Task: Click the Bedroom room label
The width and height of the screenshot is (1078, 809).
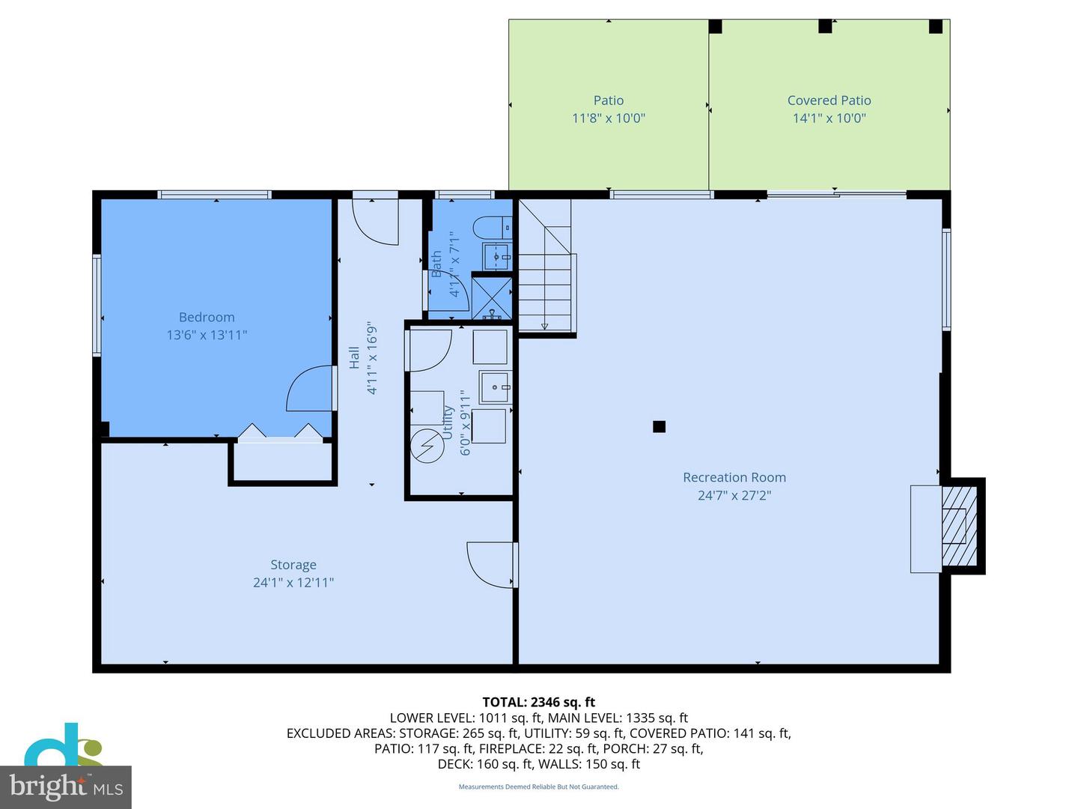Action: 207,317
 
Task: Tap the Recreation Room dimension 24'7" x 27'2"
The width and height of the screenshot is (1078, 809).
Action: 734,495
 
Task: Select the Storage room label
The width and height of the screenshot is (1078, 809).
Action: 293,565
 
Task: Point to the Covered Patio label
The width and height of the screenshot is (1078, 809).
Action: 829,100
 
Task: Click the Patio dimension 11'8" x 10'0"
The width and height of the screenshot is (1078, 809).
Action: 609,118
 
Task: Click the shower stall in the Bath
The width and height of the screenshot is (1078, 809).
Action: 492,297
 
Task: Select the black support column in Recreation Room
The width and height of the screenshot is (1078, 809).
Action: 659,426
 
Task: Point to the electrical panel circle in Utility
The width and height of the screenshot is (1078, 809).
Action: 427,446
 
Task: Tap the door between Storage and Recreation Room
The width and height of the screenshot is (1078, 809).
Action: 492,565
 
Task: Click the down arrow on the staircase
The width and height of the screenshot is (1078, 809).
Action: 545,325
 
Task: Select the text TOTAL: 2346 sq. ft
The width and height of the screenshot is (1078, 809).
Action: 539,702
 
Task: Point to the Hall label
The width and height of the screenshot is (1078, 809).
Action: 354,357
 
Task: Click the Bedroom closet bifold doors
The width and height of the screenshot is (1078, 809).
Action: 280,431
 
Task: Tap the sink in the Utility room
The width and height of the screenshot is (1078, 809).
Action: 495,387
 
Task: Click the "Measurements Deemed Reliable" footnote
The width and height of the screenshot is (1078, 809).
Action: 539,787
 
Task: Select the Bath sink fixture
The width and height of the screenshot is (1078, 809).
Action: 498,256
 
